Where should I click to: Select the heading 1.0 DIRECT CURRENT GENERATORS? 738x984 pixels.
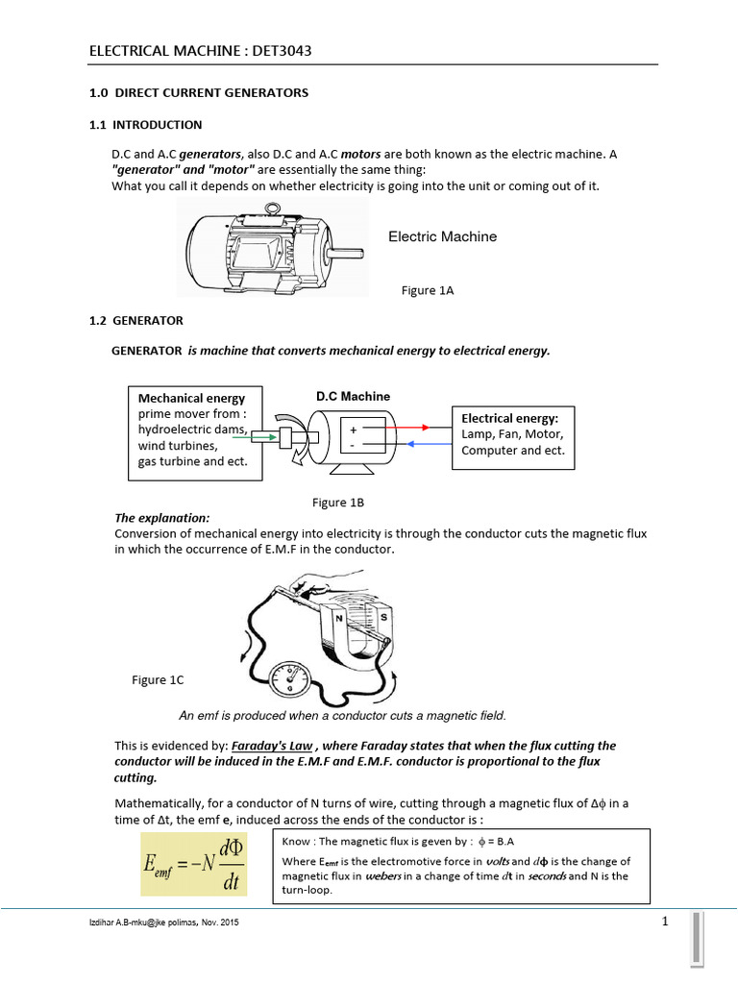pyautogui.click(x=192, y=93)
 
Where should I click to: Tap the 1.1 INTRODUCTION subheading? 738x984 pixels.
pyautogui.click(x=139, y=125)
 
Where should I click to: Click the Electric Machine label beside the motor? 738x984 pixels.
pyautogui.click(x=442, y=236)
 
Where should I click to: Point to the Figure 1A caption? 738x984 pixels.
pyautogui.click(x=427, y=290)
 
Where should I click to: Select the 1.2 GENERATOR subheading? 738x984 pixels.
pyautogui.click(x=135, y=320)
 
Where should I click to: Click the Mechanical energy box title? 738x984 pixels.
pyautogui.click(x=191, y=398)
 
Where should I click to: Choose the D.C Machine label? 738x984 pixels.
pyautogui.click(x=353, y=396)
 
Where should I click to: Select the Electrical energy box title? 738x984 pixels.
pyautogui.click(x=509, y=418)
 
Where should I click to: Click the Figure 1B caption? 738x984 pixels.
pyautogui.click(x=338, y=503)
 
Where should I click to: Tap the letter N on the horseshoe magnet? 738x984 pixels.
pyautogui.click(x=344, y=618)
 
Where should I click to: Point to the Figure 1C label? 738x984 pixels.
pyautogui.click(x=158, y=680)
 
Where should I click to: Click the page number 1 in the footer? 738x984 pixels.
pyautogui.click(x=664, y=922)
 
